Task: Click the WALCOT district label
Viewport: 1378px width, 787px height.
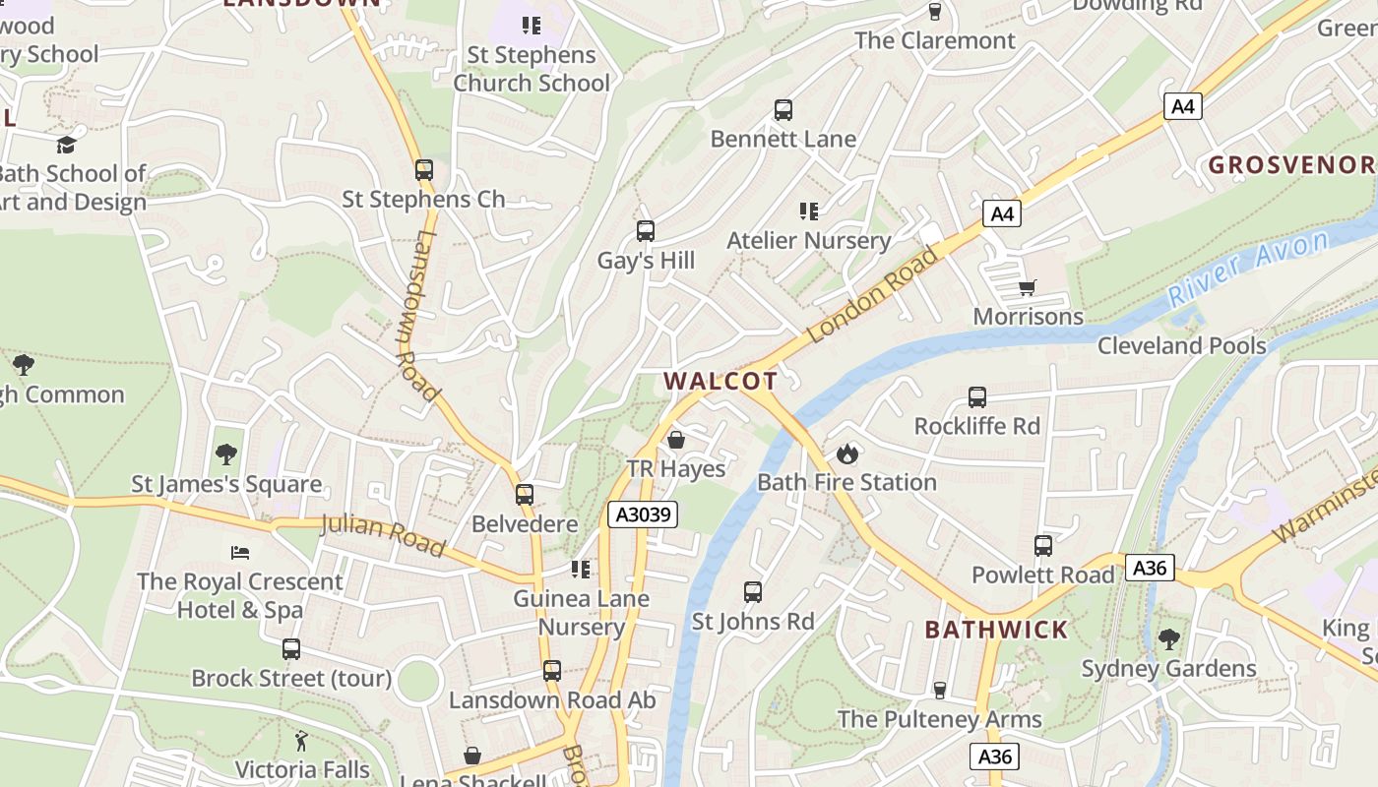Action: click(x=720, y=381)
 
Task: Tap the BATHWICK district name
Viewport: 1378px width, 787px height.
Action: click(x=996, y=630)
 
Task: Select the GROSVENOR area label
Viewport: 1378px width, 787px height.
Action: click(x=1290, y=164)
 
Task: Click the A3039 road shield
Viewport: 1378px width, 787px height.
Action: click(x=642, y=514)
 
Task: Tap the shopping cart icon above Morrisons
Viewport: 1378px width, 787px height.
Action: click(x=1028, y=287)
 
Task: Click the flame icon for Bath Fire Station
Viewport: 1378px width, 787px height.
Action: click(x=846, y=454)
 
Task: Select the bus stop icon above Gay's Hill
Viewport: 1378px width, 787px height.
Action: click(x=646, y=231)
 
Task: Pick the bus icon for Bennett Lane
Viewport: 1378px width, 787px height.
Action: click(x=783, y=110)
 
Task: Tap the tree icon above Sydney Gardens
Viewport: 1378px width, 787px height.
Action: click(x=1168, y=639)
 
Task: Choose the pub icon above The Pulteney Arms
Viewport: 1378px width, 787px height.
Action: click(x=939, y=691)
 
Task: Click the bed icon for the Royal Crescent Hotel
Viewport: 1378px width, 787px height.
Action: click(x=240, y=552)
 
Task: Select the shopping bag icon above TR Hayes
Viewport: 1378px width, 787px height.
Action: click(x=676, y=440)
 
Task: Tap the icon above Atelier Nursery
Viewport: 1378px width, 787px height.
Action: click(x=809, y=211)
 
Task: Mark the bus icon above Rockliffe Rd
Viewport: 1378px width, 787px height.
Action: click(x=976, y=397)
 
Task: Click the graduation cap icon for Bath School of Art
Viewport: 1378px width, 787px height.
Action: click(x=66, y=145)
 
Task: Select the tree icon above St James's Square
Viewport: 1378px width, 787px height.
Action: click(x=226, y=454)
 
